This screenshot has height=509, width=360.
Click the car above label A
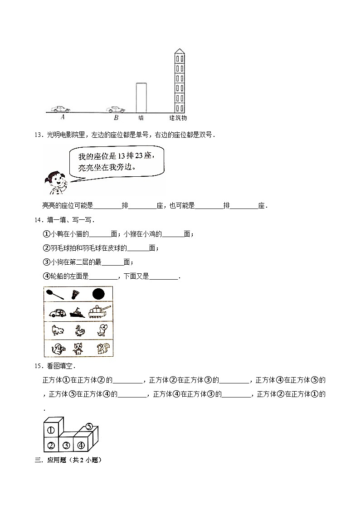pos(60,109)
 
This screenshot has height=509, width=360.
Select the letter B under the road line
pos(116,118)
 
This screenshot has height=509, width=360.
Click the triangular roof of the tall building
pos(180,50)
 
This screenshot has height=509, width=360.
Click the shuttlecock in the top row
pos(76,295)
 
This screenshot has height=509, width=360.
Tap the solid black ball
pos(98,295)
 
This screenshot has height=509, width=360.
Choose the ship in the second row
pos(78,312)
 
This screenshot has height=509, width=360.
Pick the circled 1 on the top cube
pos(51,430)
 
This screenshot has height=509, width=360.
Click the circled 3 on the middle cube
pos(66,445)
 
